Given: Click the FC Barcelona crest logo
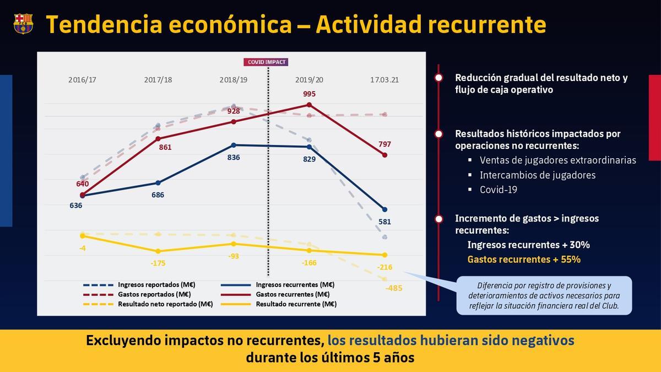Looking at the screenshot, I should pos(23,23).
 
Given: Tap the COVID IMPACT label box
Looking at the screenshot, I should pos(267,62).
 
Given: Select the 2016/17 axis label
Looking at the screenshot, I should pos(83,80).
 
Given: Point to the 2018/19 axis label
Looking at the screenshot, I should pos(234,80).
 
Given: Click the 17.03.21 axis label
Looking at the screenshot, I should pos(384,80).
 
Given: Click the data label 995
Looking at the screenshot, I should pos(309,94).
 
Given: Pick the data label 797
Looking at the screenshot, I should pos(384,144).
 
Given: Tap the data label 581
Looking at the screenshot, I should pos(384,222).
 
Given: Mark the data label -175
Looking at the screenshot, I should pos(158,263).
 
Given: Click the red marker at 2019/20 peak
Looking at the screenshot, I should pos(309,105).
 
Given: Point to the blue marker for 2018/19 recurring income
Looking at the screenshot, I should pos(234,145).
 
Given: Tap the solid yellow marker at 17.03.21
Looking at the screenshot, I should pos(384,255).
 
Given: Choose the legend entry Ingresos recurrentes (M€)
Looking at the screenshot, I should pos(295,285).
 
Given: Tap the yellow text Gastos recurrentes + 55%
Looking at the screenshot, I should pos(523,259).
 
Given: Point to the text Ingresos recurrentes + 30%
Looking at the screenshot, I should pos(528,245).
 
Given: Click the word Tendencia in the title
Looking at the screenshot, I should pos(103,24).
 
